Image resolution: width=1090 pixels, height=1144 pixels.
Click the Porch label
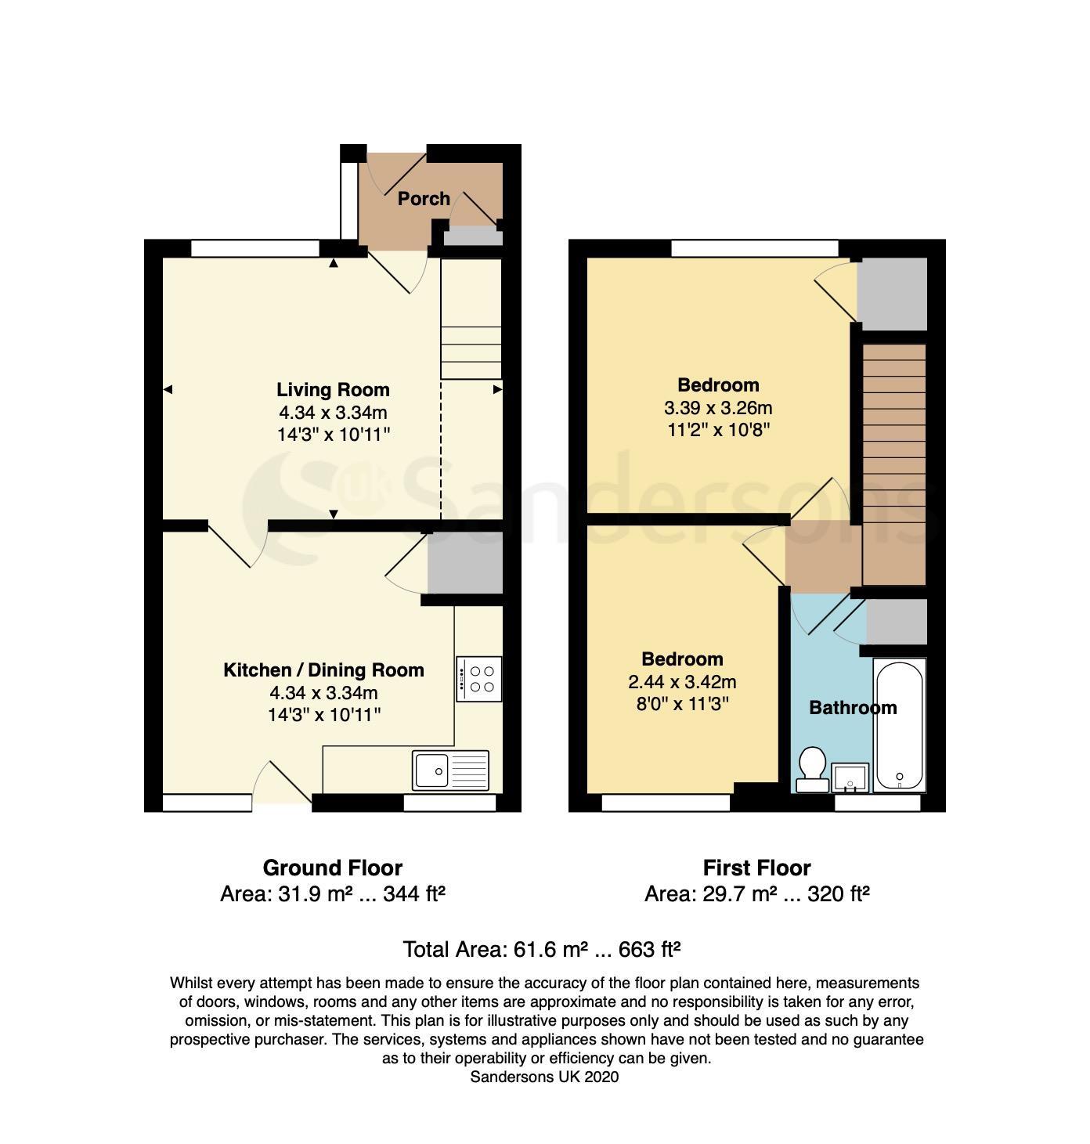[424, 198]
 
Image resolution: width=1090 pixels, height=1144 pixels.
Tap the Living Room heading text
[333, 389]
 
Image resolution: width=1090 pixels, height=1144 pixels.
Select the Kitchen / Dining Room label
[323, 669]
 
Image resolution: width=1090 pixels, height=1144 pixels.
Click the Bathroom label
[853, 708]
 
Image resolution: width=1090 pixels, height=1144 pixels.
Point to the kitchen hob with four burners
[479, 679]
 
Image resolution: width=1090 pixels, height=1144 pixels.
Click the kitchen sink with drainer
[450, 770]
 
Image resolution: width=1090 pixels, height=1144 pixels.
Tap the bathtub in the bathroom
[899, 725]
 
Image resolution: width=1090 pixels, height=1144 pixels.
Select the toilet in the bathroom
[812, 769]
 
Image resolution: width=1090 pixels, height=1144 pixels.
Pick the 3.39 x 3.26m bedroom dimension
[718, 407]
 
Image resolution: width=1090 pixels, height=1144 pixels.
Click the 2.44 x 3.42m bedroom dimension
[682, 681]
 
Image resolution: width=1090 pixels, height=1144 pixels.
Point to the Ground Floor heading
[333, 868]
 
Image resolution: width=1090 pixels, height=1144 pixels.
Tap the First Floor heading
[756, 868]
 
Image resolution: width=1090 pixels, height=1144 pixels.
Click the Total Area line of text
[542, 949]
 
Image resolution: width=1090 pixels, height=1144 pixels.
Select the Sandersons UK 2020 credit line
[544, 1077]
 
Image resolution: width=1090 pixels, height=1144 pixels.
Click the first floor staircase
[893, 464]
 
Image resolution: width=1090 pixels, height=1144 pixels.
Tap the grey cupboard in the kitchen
[465, 562]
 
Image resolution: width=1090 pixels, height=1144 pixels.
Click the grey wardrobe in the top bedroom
[892, 294]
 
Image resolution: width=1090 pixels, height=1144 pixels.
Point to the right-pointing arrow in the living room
[497, 389]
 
